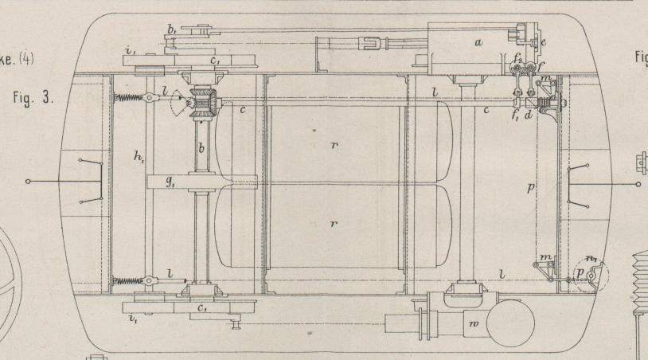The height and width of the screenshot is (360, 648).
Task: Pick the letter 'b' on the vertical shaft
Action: click(201, 150)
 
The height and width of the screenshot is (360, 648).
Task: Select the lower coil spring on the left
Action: click(132, 280)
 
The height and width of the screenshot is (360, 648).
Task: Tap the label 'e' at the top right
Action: click(542, 41)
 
